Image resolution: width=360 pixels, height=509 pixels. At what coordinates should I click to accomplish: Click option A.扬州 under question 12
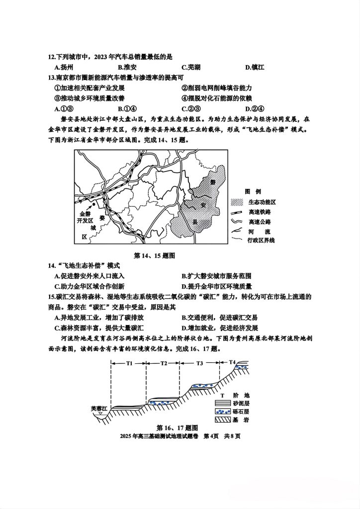pyautogui.click(x=64, y=67)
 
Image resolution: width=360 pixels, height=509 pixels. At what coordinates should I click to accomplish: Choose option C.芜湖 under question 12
pyautogui.click(x=191, y=67)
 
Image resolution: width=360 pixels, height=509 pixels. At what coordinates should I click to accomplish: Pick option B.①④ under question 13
pyautogui.click(x=127, y=109)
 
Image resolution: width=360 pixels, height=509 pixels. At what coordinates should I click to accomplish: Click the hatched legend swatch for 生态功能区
pyautogui.click(x=237, y=202)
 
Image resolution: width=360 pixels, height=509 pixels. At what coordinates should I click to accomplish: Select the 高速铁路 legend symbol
pyautogui.click(x=237, y=212)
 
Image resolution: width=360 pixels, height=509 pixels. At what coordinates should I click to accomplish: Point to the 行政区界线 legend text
pyautogui.click(x=261, y=240)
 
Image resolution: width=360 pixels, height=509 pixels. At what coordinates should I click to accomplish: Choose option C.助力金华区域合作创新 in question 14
pyautogui.click(x=89, y=286)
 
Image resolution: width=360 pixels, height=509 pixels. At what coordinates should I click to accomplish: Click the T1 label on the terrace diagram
pyautogui.click(x=129, y=363)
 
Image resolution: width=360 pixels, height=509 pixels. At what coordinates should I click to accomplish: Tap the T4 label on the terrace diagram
pyautogui.click(x=232, y=362)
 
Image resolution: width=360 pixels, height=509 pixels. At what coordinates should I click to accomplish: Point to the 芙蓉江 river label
pyautogui.click(x=99, y=409)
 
